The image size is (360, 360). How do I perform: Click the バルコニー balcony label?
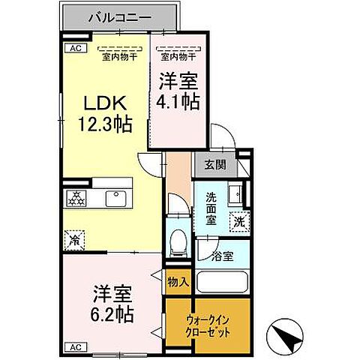pos(121,16)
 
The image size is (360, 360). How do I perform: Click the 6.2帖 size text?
pos(113,313)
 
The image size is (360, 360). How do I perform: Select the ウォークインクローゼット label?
pos(210,325)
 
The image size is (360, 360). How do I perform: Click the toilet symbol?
pos(177,240)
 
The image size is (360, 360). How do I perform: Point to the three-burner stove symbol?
pos(76,199)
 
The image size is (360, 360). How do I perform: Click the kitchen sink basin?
pos(117,199)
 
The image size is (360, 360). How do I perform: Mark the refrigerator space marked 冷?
pos(75,240)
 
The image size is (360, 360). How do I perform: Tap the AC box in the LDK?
pos(75,49)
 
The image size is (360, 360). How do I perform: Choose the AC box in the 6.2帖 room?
pos(75,347)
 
